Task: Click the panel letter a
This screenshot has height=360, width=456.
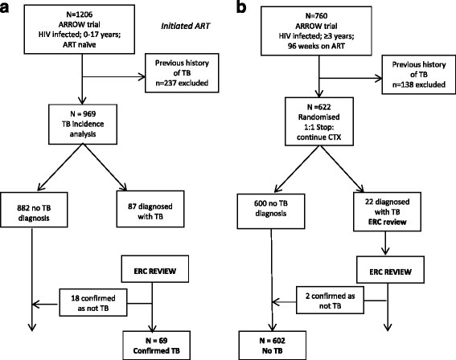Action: pyautogui.click(x=7, y=8)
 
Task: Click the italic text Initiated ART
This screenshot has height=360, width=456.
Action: pyautogui.click(x=191, y=28)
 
